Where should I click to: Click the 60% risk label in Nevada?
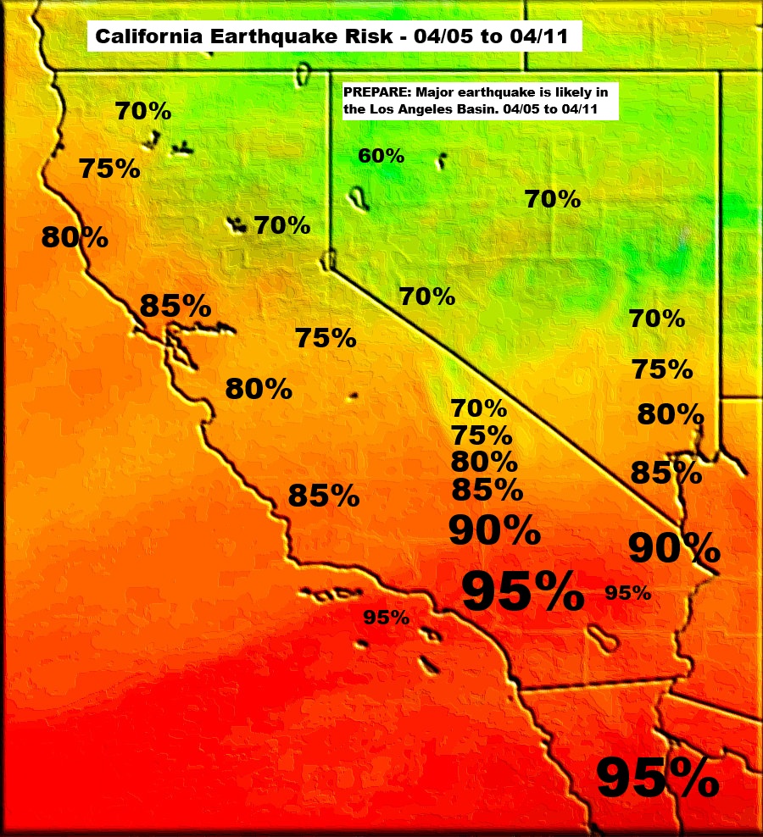381,156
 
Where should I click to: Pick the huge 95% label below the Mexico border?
657,778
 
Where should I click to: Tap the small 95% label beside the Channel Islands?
386,618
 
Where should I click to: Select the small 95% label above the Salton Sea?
628,593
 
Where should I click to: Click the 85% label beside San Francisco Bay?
175,306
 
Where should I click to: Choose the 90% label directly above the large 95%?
493,530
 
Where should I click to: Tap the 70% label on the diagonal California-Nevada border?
427,297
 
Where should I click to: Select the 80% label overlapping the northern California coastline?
75,237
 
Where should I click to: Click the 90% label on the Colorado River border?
674,548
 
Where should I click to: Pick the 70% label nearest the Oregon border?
143,111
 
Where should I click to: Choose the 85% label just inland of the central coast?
323,496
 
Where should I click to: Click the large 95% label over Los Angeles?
522,591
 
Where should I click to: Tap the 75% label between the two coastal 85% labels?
325,338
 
